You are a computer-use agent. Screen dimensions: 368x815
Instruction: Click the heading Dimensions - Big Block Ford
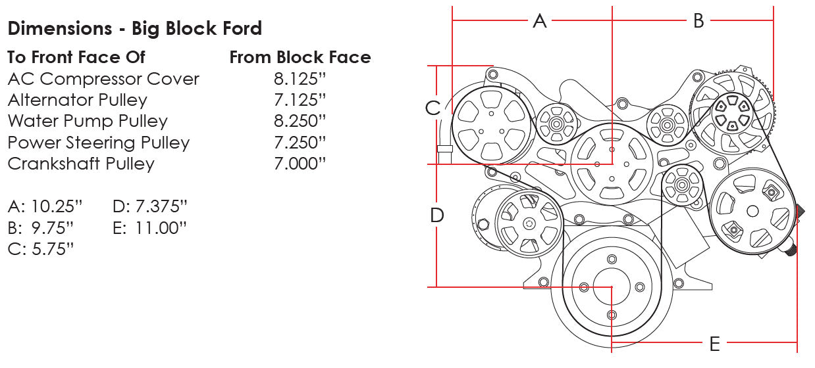pyautogui.click(x=134, y=29)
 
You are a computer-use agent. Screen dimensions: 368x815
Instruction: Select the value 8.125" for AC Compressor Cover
pyautogui.click(x=300, y=79)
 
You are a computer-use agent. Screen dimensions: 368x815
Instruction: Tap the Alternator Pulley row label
pyautogui.click(x=78, y=101)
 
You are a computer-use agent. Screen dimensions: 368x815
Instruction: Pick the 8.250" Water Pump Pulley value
pyautogui.click(x=300, y=122)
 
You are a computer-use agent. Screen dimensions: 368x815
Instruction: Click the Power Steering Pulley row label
pyautogui.click(x=99, y=143)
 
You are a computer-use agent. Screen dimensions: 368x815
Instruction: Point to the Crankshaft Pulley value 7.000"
pyautogui.click(x=300, y=164)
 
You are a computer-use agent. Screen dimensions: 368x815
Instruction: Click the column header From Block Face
pyautogui.click(x=300, y=58)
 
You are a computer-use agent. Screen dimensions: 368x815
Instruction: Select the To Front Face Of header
pyautogui.click(x=76, y=58)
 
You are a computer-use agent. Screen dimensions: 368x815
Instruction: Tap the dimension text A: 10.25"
pyautogui.click(x=45, y=207)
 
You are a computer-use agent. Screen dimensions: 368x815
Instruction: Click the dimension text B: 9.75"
pyautogui.click(x=41, y=228)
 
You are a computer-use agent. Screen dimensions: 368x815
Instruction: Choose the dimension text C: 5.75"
pyautogui.click(x=41, y=249)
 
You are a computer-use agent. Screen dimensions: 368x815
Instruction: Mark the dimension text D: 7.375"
pyautogui.click(x=150, y=207)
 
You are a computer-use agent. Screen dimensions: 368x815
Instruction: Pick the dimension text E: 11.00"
pyautogui.click(x=150, y=228)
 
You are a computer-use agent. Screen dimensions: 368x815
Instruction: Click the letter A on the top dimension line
pyautogui.click(x=540, y=21)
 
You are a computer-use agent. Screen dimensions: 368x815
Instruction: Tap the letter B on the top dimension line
pyautogui.click(x=698, y=21)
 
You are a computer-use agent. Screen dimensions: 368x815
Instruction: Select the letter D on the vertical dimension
pyautogui.click(x=436, y=215)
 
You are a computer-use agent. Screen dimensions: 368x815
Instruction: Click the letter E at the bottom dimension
pyautogui.click(x=714, y=343)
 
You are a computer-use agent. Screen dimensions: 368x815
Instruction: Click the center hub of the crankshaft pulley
pyautogui.click(x=612, y=287)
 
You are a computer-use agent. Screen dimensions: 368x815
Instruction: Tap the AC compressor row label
pyautogui.click(x=103, y=79)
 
